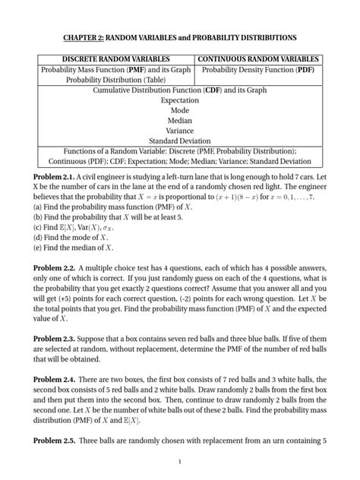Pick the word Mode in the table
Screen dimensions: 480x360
coord(180,110)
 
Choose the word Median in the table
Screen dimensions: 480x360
coord(180,120)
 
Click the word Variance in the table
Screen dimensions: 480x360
coord(180,130)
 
